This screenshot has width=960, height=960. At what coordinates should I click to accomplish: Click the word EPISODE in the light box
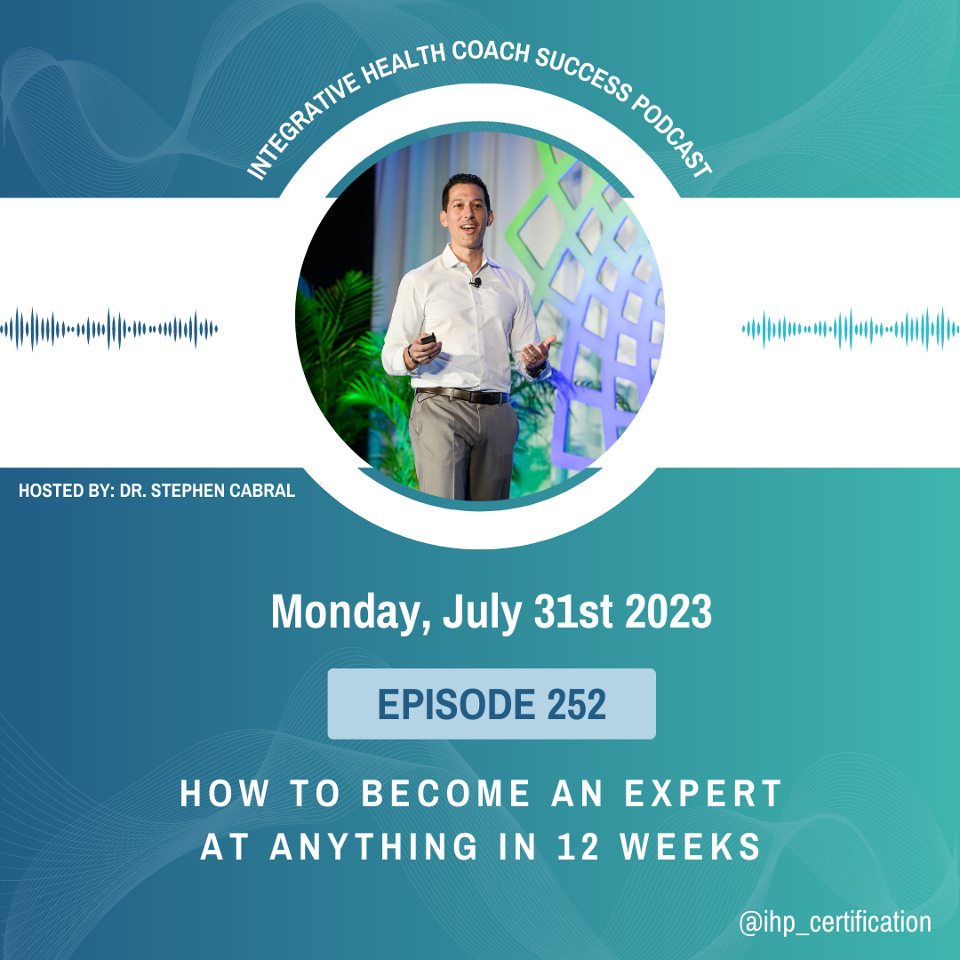(456, 704)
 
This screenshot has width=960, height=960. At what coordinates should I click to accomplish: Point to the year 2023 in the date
(668, 611)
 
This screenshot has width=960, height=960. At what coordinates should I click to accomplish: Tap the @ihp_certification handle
(835, 922)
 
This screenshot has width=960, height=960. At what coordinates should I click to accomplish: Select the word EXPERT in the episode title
(703, 794)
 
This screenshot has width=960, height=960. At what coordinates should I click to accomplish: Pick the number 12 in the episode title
(578, 847)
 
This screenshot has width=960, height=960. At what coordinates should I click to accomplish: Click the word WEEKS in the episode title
(690, 847)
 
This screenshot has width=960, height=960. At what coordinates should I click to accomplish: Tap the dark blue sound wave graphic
(109, 330)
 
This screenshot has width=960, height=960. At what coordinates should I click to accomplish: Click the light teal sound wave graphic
(851, 330)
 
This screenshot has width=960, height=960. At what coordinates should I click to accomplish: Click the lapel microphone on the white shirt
(476, 283)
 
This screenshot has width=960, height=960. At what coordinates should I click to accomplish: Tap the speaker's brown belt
(462, 396)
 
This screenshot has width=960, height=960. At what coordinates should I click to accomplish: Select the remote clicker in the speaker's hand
(428, 339)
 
